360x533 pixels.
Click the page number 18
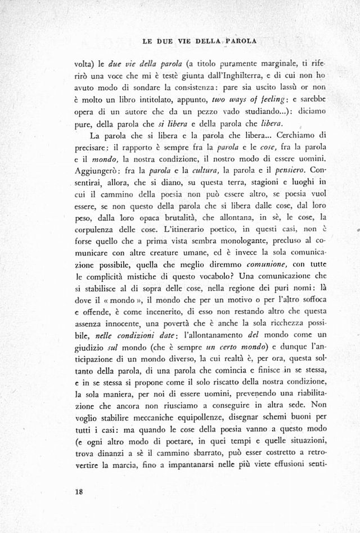[78, 491]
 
